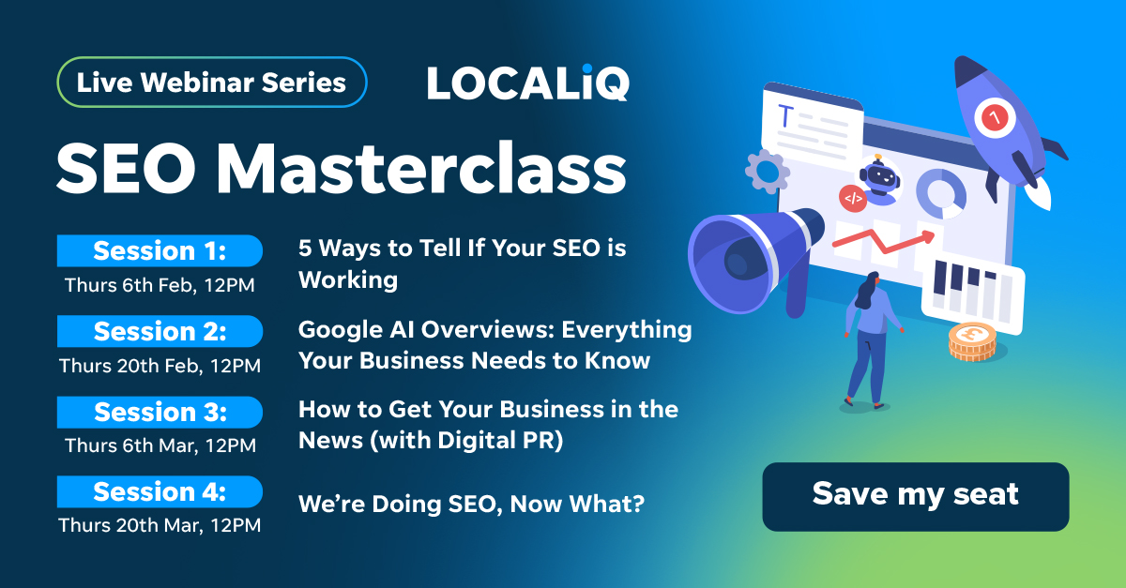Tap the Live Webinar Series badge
[x=211, y=83]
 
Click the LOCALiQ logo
[x=528, y=83]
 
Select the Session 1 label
[x=160, y=251]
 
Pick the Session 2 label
[x=160, y=332]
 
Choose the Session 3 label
[x=160, y=412]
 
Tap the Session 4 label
[x=160, y=492]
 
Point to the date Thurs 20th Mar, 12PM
[x=160, y=525]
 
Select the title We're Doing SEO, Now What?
[x=471, y=505]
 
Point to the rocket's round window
[x=992, y=117]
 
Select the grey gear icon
[x=767, y=171]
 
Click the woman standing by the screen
[x=868, y=338]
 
